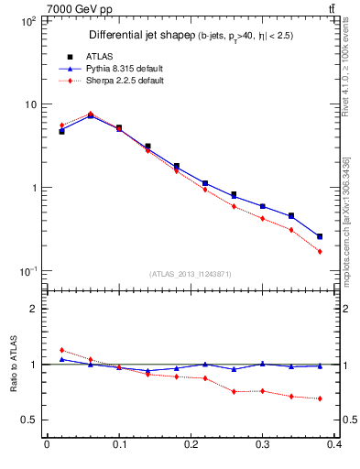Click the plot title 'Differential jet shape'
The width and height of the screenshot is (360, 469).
point(140,35)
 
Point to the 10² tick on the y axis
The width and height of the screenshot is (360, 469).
point(27,19)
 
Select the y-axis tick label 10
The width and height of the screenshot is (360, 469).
point(28,104)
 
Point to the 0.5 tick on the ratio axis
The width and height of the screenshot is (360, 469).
point(27,420)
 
